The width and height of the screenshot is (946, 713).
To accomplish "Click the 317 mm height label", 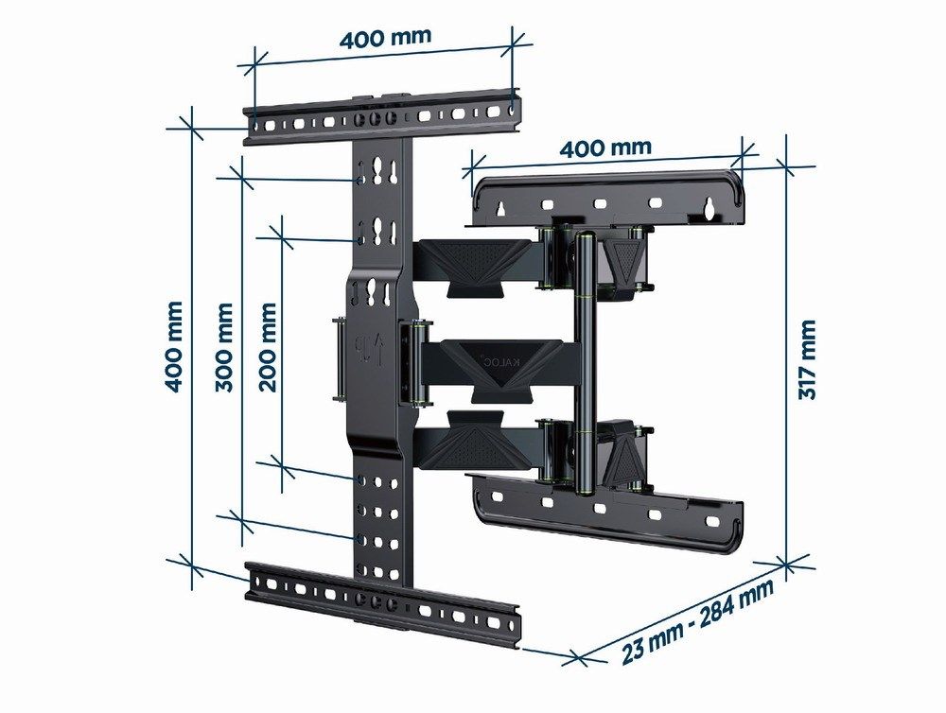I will (x=806, y=358).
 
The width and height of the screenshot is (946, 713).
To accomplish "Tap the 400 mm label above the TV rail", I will (x=386, y=39).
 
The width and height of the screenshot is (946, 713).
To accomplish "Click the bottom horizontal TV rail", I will (x=383, y=600).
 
